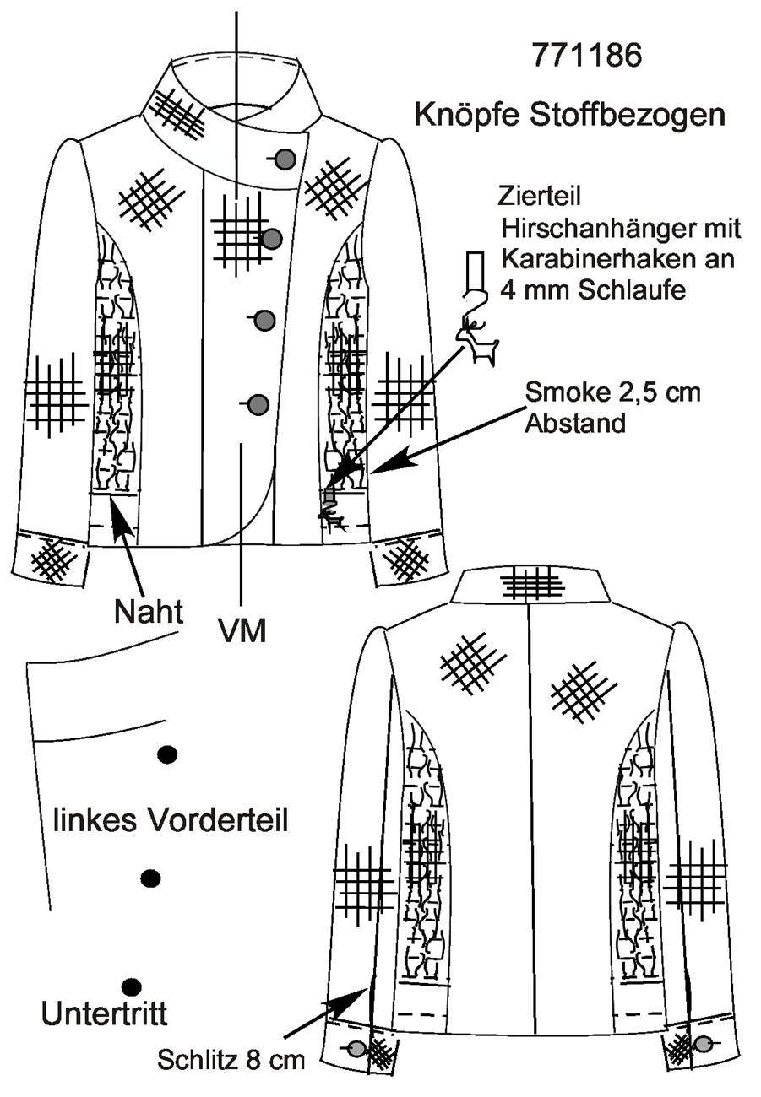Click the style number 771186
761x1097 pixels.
tap(586, 56)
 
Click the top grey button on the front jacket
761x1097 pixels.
tap(285, 159)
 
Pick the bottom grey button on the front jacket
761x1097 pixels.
tap(259, 404)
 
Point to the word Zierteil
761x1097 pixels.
tap(539, 197)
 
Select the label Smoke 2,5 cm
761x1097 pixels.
tap(613, 392)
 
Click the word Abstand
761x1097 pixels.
tap(575, 424)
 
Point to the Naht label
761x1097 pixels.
tap(149, 612)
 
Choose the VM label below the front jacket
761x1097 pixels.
tap(242, 631)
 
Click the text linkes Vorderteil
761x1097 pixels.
tap(170, 820)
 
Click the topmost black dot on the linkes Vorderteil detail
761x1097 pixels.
tap(168, 754)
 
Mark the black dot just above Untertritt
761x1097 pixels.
tap(131, 985)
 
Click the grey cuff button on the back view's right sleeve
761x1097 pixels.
tap(704, 1040)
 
